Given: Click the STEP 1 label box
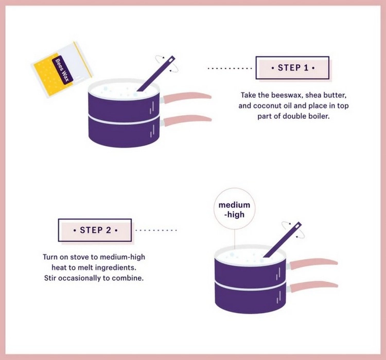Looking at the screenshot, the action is (292, 68).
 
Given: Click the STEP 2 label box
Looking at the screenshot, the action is (95, 230).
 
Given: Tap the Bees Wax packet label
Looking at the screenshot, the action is (62, 70).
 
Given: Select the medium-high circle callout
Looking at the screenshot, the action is (234, 209).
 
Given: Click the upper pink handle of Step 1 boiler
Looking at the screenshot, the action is (186, 97).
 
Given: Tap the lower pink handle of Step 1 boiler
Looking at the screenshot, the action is (186, 120).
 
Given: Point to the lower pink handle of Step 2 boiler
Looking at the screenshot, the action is (313, 286).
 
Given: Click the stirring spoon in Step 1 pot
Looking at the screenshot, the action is (156, 74).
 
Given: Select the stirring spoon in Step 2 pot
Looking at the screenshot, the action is (283, 240).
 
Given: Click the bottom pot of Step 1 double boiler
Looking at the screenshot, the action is (124, 132).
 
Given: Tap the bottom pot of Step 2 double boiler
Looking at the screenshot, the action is (250, 298).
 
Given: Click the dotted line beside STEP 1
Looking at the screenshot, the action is (230, 68).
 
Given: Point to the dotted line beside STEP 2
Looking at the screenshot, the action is (156, 230).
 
